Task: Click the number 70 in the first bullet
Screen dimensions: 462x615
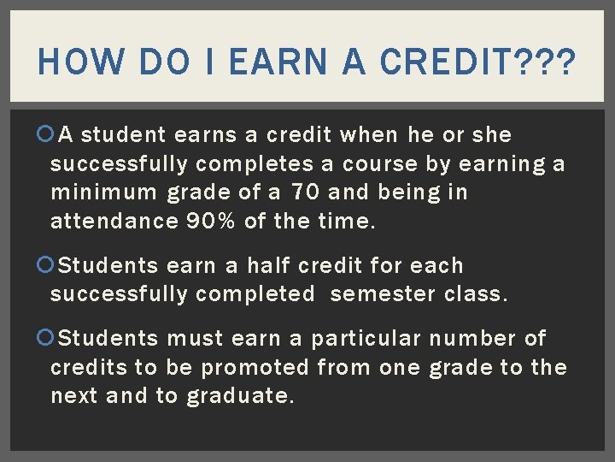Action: tap(304, 192)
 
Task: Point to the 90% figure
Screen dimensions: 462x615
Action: tap(211, 222)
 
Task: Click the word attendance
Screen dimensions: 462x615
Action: tap(114, 222)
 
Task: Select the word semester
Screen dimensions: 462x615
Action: tap(383, 294)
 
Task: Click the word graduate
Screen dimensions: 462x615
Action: tap(240, 397)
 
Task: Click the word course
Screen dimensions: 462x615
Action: tap(380, 163)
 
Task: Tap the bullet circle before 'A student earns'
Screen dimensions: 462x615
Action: tap(44, 134)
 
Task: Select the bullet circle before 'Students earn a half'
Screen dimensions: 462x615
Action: tap(44, 265)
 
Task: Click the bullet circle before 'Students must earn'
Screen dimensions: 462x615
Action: tap(44, 339)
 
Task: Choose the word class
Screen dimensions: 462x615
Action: tap(475, 294)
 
